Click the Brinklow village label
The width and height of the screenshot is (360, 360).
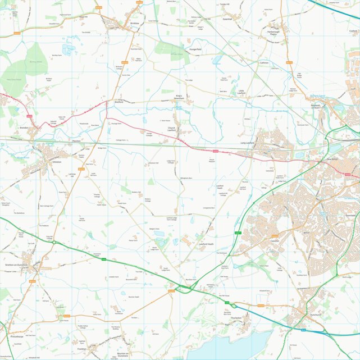[134, 23]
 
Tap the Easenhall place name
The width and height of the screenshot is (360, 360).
[227, 19]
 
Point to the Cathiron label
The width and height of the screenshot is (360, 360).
[264, 63]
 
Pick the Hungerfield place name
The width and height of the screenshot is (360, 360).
[195, 49]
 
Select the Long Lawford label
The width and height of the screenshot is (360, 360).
[248, 143]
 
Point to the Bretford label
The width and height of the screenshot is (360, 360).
[119, 103]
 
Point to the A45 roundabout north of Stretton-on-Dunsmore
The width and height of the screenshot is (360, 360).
[54, 243]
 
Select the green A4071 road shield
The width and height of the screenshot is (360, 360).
[237, 233]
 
